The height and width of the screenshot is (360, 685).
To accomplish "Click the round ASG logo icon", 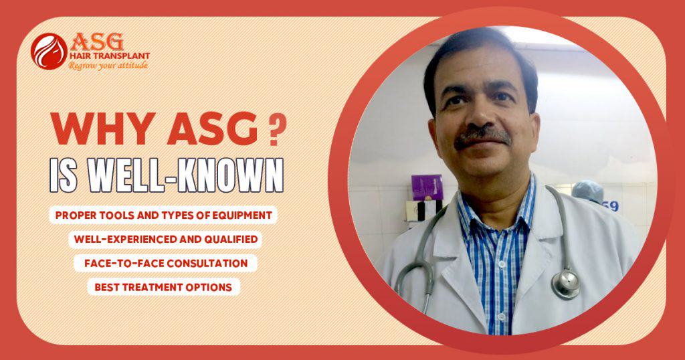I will click(49, 50).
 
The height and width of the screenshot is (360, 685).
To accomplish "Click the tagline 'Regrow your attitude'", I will click(108, 66).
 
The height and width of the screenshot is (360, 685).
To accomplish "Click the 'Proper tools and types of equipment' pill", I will click(163, 216).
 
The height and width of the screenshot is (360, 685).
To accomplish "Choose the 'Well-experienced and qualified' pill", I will click(163, 240).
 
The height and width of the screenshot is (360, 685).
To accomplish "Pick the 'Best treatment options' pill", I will click(163, 287).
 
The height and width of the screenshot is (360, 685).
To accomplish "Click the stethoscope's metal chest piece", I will click(565, 282).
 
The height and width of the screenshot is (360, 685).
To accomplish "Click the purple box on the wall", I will click(426, 187).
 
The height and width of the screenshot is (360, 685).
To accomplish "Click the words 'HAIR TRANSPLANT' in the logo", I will click(109, 56).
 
